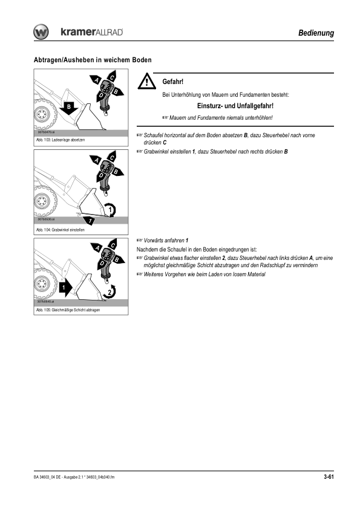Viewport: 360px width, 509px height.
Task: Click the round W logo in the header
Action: click(41, 32)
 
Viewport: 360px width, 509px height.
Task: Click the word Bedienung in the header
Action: click(316, 33)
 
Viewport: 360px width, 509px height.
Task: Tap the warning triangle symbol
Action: click(146, 81)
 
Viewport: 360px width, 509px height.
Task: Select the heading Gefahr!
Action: click(173, 82)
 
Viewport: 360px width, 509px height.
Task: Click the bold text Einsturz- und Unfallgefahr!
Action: click(235, 106)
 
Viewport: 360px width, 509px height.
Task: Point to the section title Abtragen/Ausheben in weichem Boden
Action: click(93, 60)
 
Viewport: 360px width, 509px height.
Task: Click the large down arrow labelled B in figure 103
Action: click(69, 108)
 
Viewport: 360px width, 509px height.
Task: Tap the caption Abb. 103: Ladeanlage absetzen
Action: click(61, 140)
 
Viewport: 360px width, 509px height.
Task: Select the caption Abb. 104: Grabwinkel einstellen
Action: click(60, 230)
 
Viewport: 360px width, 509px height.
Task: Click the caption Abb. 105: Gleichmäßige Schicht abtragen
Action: click(68, 310)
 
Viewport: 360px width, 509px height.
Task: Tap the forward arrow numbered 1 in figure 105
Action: click(65, 288)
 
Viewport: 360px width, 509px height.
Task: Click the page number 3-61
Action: click(329, 477)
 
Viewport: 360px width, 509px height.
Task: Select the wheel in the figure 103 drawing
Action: click(44, 114)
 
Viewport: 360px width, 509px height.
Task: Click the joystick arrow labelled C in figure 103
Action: click(111, 76)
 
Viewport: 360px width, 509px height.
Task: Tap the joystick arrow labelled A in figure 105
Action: click(97, 248)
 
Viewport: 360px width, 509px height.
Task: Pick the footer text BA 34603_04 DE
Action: click(47, 477)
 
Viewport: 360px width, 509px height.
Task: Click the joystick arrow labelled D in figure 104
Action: click(100, 177)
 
